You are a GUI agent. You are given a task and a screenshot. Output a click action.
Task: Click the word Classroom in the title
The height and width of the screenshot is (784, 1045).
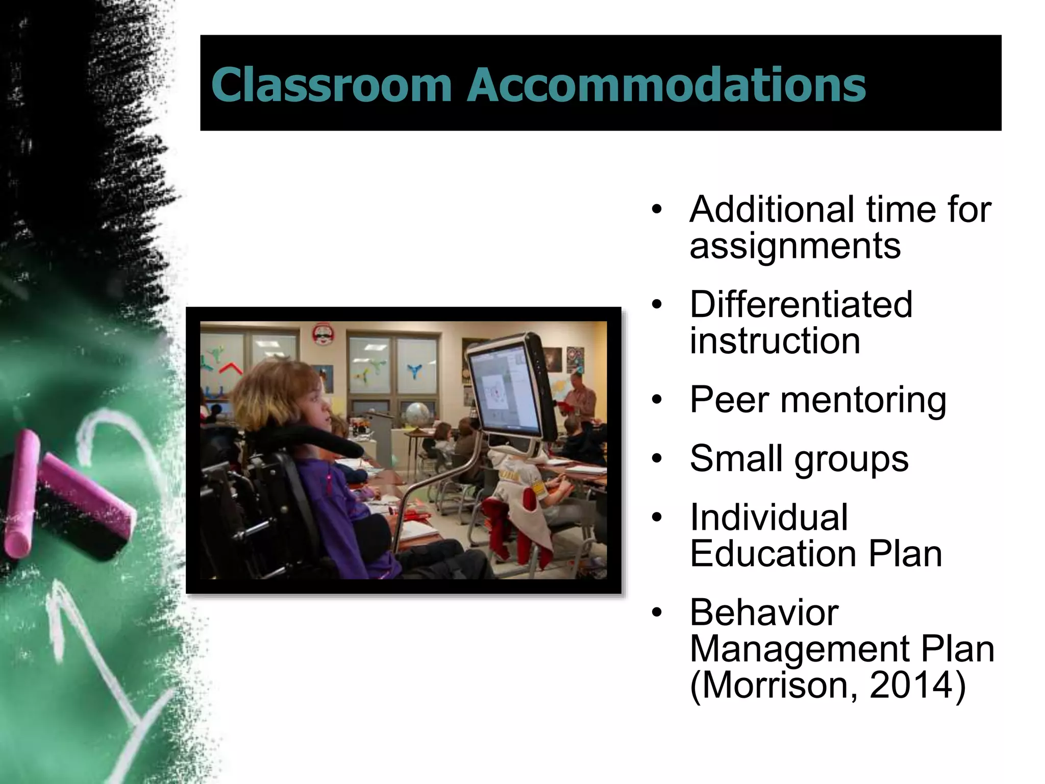pos(331,84)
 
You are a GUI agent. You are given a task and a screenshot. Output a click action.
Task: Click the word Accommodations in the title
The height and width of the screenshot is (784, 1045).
pos(666,84)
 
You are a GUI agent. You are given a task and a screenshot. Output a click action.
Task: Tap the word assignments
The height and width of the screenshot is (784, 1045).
pos(795,247)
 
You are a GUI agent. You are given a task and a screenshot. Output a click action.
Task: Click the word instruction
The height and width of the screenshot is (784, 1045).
pos(775,341)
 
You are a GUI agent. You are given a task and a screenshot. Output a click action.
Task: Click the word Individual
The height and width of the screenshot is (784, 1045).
pos(769,518)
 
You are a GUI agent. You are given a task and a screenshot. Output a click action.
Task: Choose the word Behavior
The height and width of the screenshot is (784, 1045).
pos(764,612)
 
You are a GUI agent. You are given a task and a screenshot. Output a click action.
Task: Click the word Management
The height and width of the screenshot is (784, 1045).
pos(799,649)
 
